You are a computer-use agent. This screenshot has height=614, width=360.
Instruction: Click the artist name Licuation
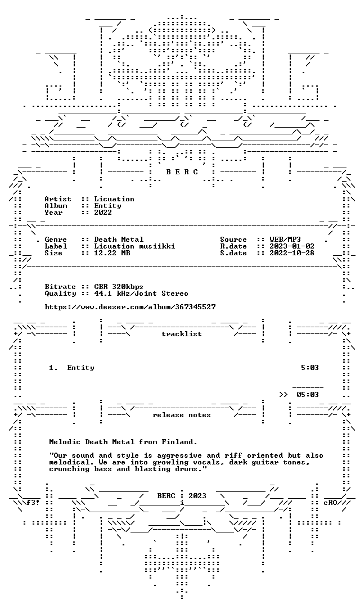click(114, 199)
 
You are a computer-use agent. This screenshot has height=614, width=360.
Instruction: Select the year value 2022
click(103, 213)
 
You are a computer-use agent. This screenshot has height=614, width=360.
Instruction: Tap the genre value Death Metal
click(119, 240)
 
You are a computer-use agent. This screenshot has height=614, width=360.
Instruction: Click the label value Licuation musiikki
click(134, 246)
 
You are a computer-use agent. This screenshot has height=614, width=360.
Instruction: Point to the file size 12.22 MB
click(112, 253)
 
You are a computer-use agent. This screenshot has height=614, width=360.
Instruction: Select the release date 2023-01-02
click(292, 246)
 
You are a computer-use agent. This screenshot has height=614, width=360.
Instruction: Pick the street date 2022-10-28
click(292, 253)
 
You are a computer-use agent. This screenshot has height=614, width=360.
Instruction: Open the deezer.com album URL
click(130, 307)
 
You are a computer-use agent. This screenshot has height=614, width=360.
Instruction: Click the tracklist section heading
click(182, 334)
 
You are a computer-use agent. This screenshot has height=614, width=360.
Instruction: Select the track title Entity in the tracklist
click(80, 368)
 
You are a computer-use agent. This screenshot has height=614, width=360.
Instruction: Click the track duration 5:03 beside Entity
click(310, 368)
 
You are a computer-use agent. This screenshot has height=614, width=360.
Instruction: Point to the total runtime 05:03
click(308, 395)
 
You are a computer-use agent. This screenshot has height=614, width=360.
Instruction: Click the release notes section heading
click(182, 415)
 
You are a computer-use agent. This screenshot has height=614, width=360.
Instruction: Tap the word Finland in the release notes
click(177, 442)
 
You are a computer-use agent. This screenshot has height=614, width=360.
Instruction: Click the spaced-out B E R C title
click(182, 172)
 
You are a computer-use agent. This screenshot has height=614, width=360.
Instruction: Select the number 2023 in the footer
click(197, 496)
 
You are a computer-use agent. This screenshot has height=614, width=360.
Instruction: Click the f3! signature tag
click(33, 503)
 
